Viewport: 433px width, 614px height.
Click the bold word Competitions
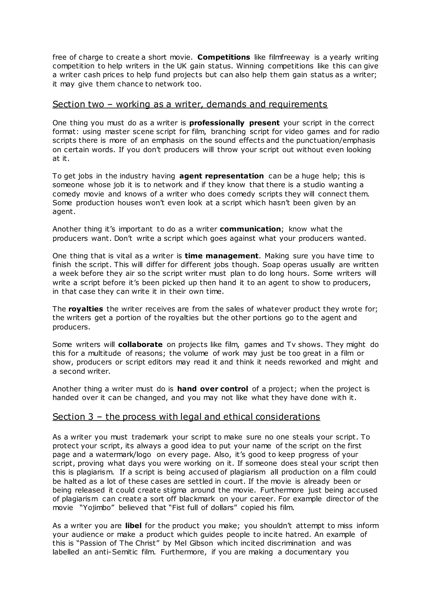[x=223, y=57]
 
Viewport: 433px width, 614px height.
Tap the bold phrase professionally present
[x=234, y=123]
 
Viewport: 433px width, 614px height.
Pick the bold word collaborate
[x=140, y=344]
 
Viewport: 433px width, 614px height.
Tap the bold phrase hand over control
[x=213, y=389]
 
